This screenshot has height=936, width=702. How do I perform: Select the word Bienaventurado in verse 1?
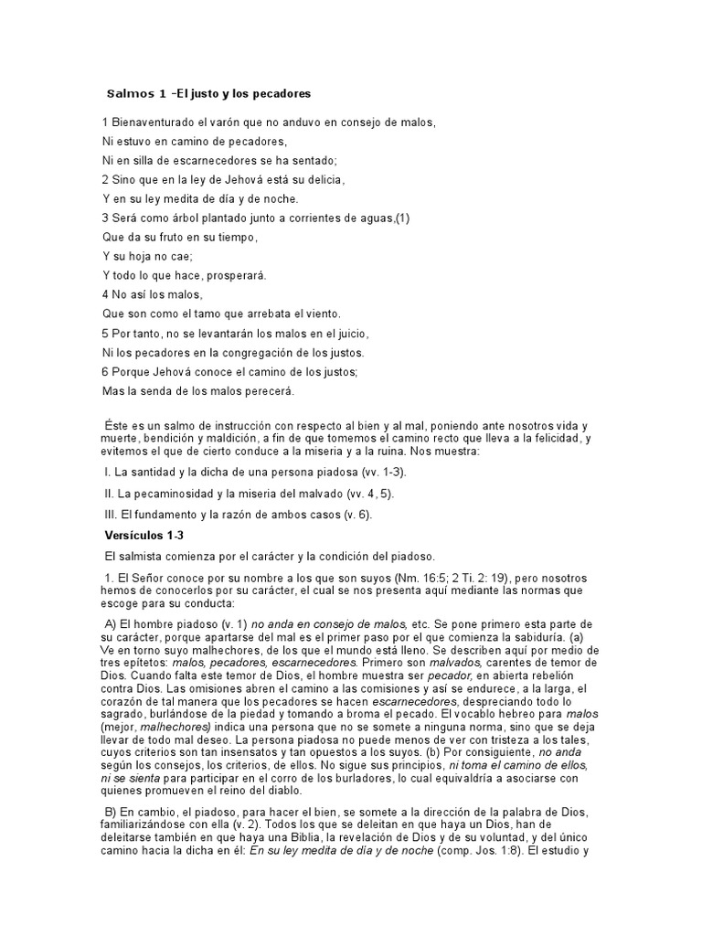(155, 122)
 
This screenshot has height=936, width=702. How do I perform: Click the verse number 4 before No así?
(105, 294)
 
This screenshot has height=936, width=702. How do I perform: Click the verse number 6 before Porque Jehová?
(105, 371)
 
